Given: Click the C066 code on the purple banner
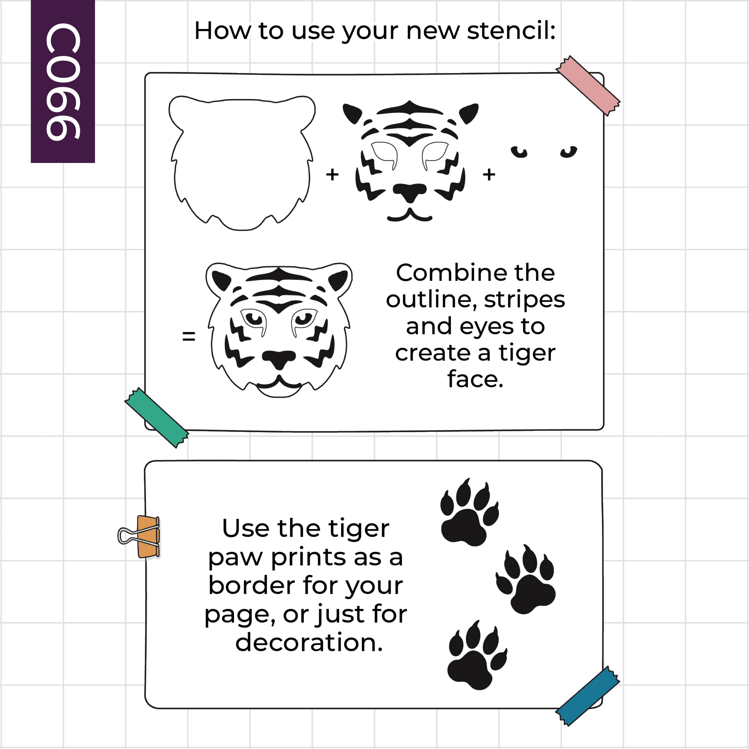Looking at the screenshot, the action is [x=63, y=82].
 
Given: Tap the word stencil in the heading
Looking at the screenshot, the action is [x=511, y=31].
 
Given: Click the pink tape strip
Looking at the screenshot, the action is [x=588, y=86].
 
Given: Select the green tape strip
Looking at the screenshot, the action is [x=157, y=418].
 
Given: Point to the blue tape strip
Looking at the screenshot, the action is [x=588, y=696].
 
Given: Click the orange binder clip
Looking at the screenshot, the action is [x=140, y=537].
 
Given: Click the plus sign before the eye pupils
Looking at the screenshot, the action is [x=489, y=175].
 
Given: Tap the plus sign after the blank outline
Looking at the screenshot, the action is [x=332, y=175].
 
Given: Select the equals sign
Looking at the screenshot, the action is [x=189, y=336].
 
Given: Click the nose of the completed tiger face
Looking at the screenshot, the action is [x=279, y=359].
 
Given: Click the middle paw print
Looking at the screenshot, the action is [x=526, y=579].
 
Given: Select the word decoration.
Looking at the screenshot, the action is [x=309, y=642].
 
